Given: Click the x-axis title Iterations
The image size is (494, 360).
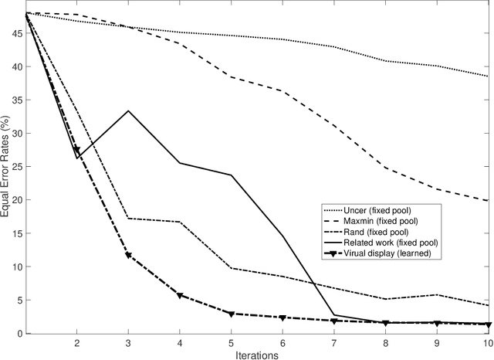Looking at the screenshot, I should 257,354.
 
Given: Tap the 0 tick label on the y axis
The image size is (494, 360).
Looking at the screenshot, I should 18,334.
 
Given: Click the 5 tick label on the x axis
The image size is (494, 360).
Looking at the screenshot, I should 231,342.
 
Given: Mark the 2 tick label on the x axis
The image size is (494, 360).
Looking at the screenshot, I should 77,342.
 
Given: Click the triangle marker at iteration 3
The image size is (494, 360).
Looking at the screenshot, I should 128,255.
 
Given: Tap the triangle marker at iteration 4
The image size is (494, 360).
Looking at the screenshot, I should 180,295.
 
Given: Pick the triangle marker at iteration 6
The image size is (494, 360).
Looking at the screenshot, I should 283,318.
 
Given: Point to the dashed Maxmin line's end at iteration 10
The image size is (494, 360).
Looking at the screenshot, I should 488,201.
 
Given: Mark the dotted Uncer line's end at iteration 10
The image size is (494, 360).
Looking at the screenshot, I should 488,76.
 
